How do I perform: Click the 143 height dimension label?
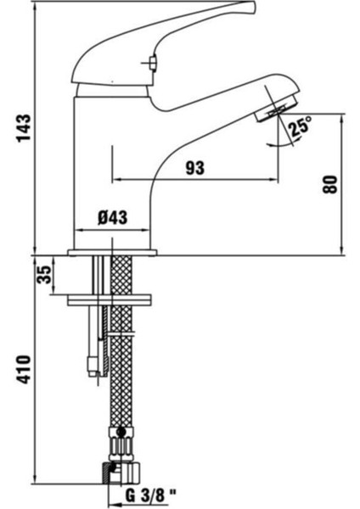coord(24,127)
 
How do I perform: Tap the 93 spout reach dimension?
coord(195,168)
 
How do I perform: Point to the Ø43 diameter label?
coord(112,217)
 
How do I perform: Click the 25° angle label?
coord(301,126)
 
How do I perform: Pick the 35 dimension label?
coord(44,275)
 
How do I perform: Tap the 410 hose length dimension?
coord(24,369)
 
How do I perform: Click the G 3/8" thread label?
coord(150,496)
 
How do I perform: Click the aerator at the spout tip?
coord(277,109)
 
